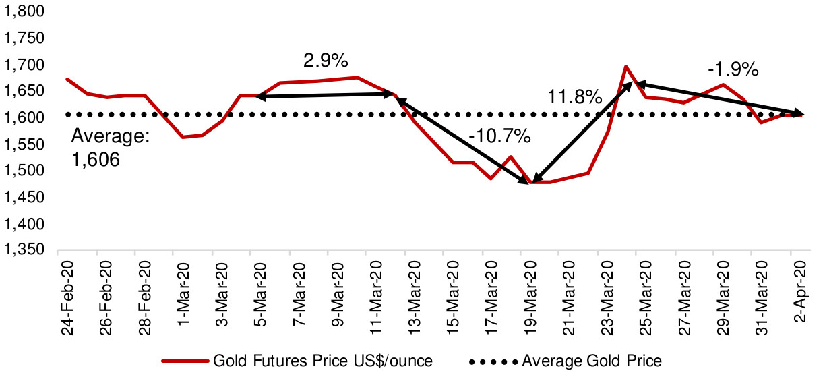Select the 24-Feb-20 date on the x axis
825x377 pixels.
pyautogui.click(x=67, y=290)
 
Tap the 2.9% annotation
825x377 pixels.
pyautogui.click(x=326, y=61)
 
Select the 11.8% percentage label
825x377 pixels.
pyautogui.click(x=574, y=97)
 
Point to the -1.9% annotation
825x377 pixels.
pyautogui.click(x=733, y=69)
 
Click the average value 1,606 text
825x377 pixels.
pyautogui.click(x=96, y=161)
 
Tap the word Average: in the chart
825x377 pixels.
pyautogui.click(x=111, y=138)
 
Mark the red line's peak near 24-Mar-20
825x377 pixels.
pyautogui.click(x=626, y=66)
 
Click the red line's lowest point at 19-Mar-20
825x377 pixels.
pyautogui.click(x=531, y=183)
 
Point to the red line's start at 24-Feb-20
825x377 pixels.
pyautogui.click(x=66, y=79)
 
